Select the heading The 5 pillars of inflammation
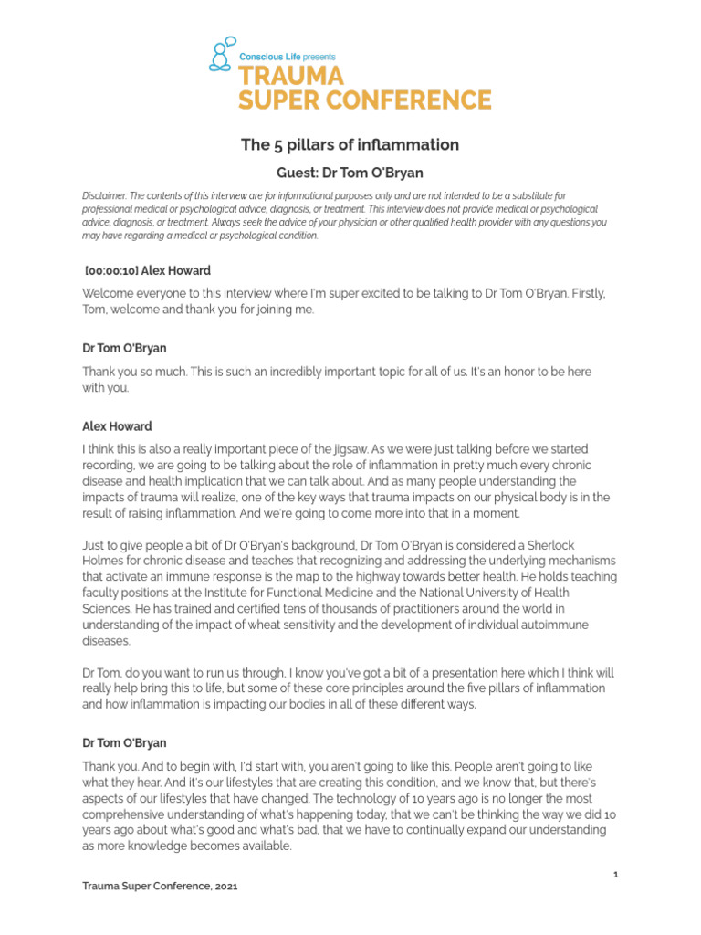(350, 145)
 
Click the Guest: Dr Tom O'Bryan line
(350, 172)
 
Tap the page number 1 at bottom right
(616, 875)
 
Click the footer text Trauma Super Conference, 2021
(161, 887)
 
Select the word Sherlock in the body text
(590, 545)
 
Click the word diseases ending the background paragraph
(109, 640)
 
